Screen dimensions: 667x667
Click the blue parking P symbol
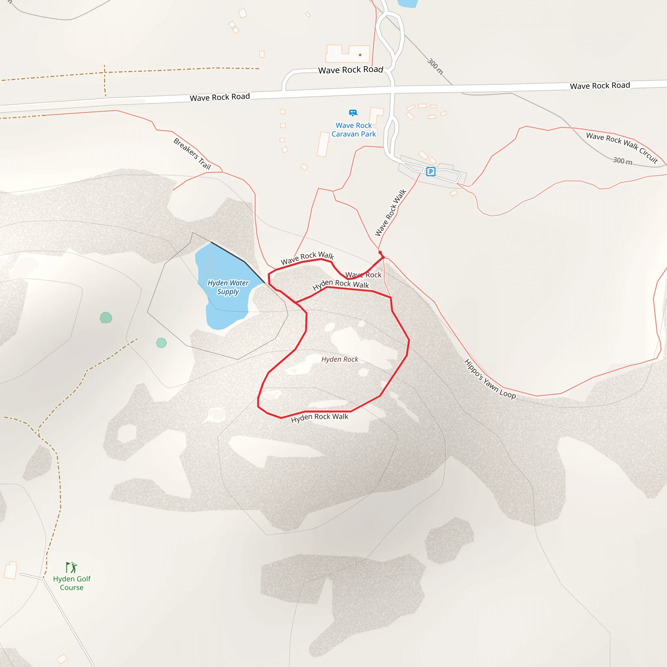tap(431, 172)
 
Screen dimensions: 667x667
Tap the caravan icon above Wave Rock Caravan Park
tap(353, 113)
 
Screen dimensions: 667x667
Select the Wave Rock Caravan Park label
tap(353, 130)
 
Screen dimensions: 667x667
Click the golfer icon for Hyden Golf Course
tap(71, 567)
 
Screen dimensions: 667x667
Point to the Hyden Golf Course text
tap(72, 583)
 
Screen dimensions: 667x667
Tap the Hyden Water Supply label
tap(228, 287)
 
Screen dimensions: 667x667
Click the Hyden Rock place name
tap(340, 360)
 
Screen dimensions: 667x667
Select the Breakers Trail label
tap(192, 154)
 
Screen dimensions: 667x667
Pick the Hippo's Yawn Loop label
tap(490, 379)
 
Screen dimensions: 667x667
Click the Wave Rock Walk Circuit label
tap(622, 148)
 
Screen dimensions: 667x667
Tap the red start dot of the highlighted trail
tap(380, 253)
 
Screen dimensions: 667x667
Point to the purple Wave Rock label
tap(363, 275)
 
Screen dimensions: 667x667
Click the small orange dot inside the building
tap(360, 55)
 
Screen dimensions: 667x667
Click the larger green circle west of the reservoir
tap(106, 318)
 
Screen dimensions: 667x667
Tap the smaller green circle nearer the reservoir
tap(162, 343)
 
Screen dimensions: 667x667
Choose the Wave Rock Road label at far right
tap(600, 86)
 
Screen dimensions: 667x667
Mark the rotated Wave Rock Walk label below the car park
tap(391, 212)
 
